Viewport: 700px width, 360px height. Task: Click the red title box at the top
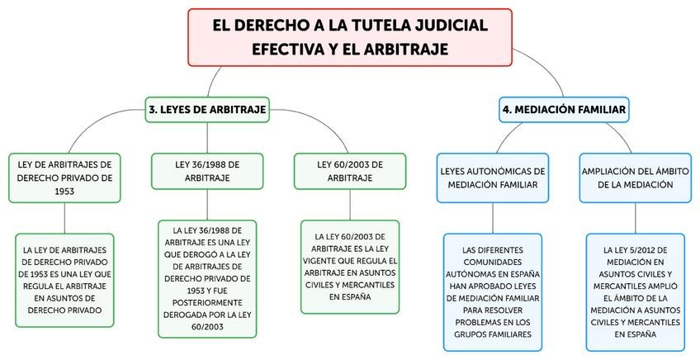pyautogui.click(x=350, y=37)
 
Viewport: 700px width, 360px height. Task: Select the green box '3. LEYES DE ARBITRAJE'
pyautogui.click(x=207, y=109)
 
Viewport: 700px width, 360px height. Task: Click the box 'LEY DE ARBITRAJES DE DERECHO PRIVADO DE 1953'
pyautogui.click(x=64, y=177)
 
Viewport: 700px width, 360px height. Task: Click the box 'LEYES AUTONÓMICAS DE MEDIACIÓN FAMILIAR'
pyautogui.click(x=493, y=177)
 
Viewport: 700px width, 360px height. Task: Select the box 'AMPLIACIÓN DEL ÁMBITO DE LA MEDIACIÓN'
pyautogui.click(x=636, y=177)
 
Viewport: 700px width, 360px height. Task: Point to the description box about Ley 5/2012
pyautogui.click(x=636, y=292)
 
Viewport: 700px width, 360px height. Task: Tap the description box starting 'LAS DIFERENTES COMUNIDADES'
pyautogui.click(x=493, y=292)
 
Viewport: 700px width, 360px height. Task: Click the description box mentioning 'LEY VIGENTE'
pyautogui.click(x=350, y=267)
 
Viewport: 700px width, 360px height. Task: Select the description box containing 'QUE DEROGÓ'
pyautogui.click(x=207, y=279)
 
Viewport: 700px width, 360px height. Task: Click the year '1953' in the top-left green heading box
pyautogui.click(x=64, y=191)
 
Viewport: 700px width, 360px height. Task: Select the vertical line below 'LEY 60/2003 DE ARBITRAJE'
pyautogui.click(x=350, y=205)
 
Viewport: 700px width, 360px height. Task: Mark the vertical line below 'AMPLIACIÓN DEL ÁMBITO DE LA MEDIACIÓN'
pyautogui.click(x=636, y=217)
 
